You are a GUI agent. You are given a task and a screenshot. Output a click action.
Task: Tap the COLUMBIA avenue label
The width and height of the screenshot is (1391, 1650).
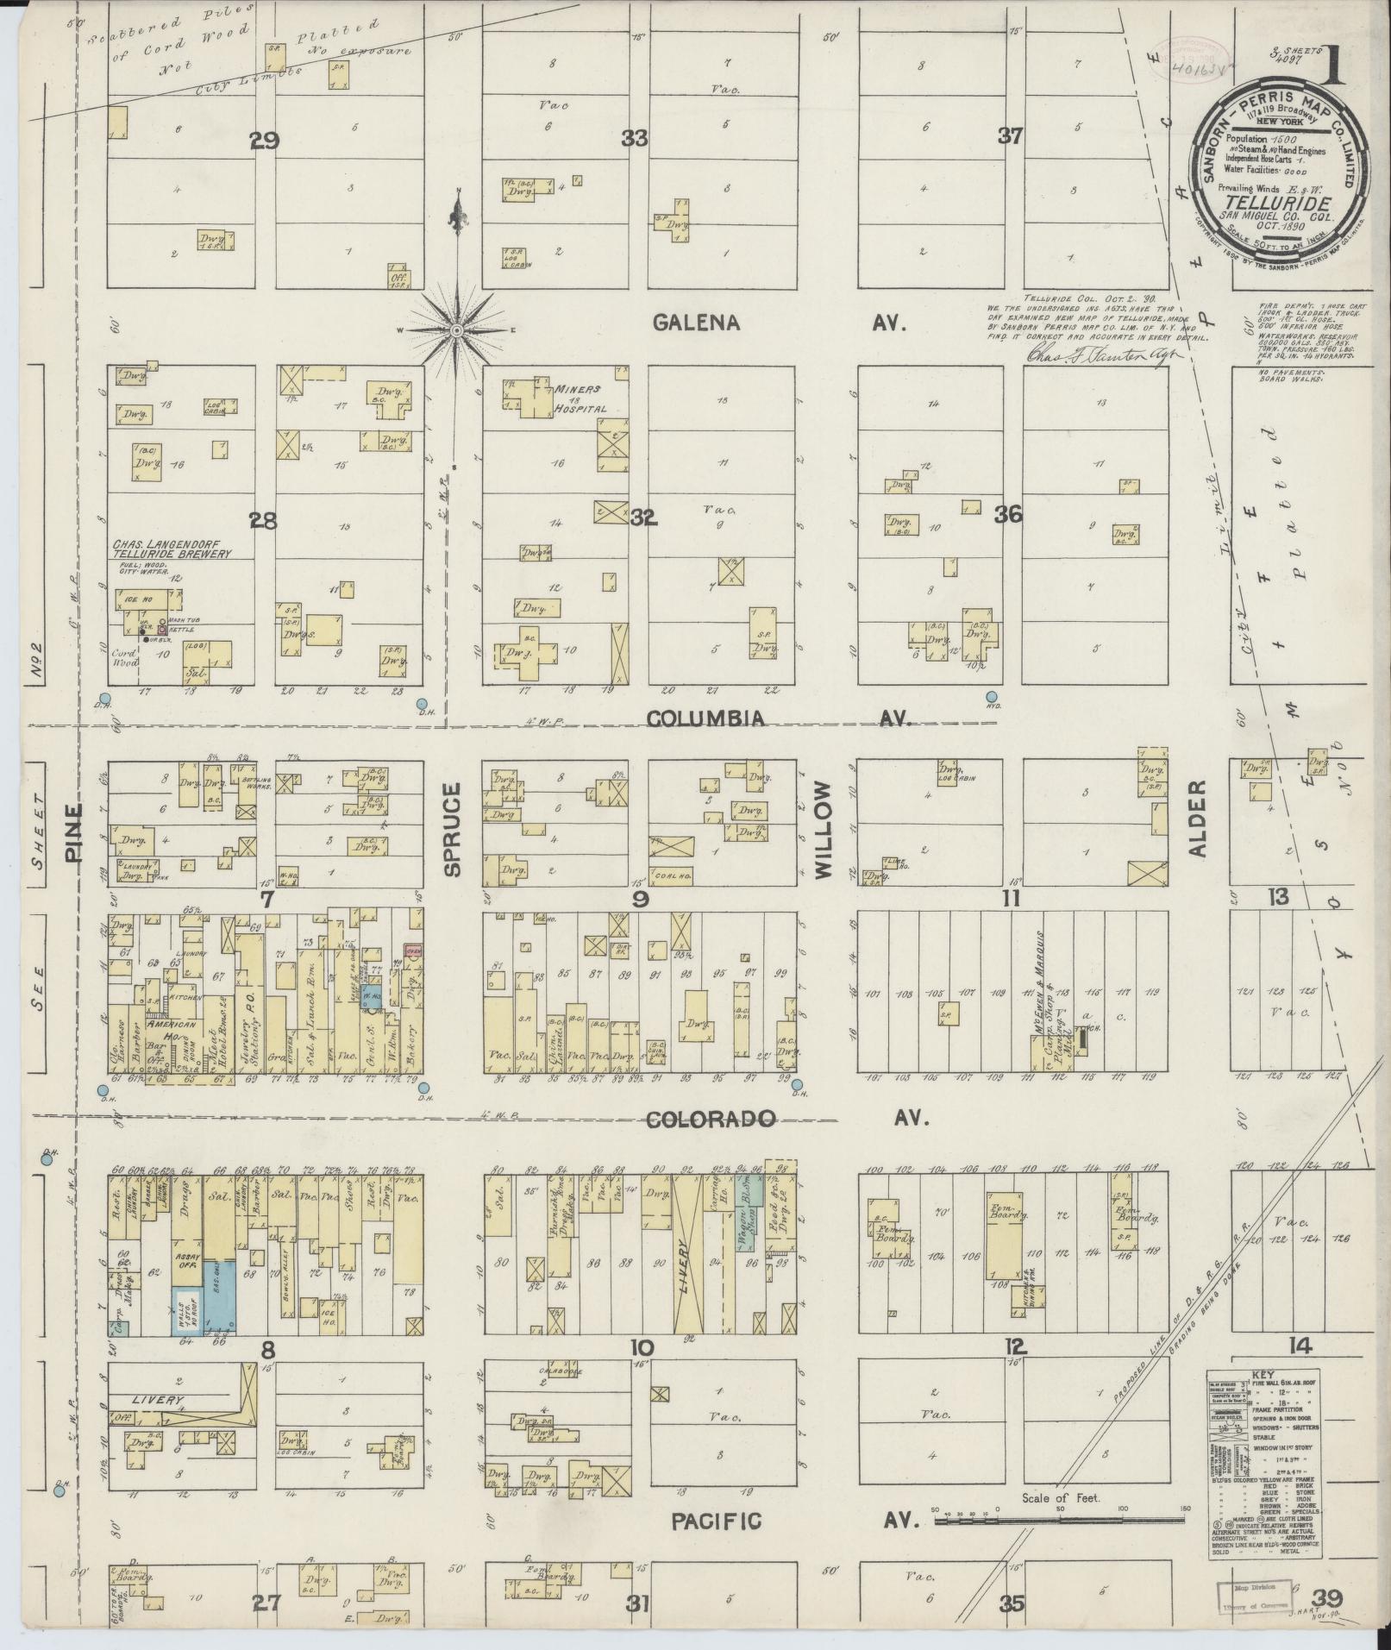coord(705,718)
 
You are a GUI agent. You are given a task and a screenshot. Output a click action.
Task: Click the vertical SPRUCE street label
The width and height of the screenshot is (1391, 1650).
coord(454,829)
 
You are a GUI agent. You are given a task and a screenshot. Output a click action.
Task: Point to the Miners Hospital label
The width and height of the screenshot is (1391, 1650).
coord(577,398)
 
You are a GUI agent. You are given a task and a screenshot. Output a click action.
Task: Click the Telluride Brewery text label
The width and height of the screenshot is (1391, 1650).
coord(172,554)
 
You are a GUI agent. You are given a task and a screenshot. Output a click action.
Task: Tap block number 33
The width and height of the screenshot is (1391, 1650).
coord(636,138)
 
